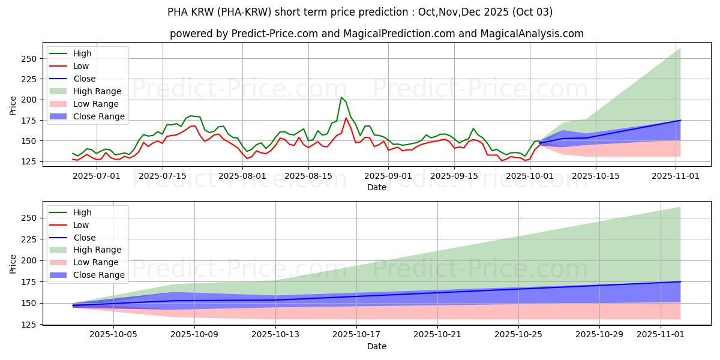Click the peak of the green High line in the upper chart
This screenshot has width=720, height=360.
(x=341, y=97)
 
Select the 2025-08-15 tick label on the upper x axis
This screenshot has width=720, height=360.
(x=308, y=175)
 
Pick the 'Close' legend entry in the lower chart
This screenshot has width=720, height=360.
(x=83, y=238)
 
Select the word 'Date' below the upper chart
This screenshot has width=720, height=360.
(x=376, y=187)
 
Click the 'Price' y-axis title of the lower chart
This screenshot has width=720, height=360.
(x=13, y=263)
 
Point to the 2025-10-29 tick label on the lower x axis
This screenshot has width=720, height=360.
(x=599, y=334)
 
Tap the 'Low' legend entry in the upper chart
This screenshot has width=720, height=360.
(x=81, y=66)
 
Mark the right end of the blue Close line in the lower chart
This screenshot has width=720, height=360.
(x=680, y=281)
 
